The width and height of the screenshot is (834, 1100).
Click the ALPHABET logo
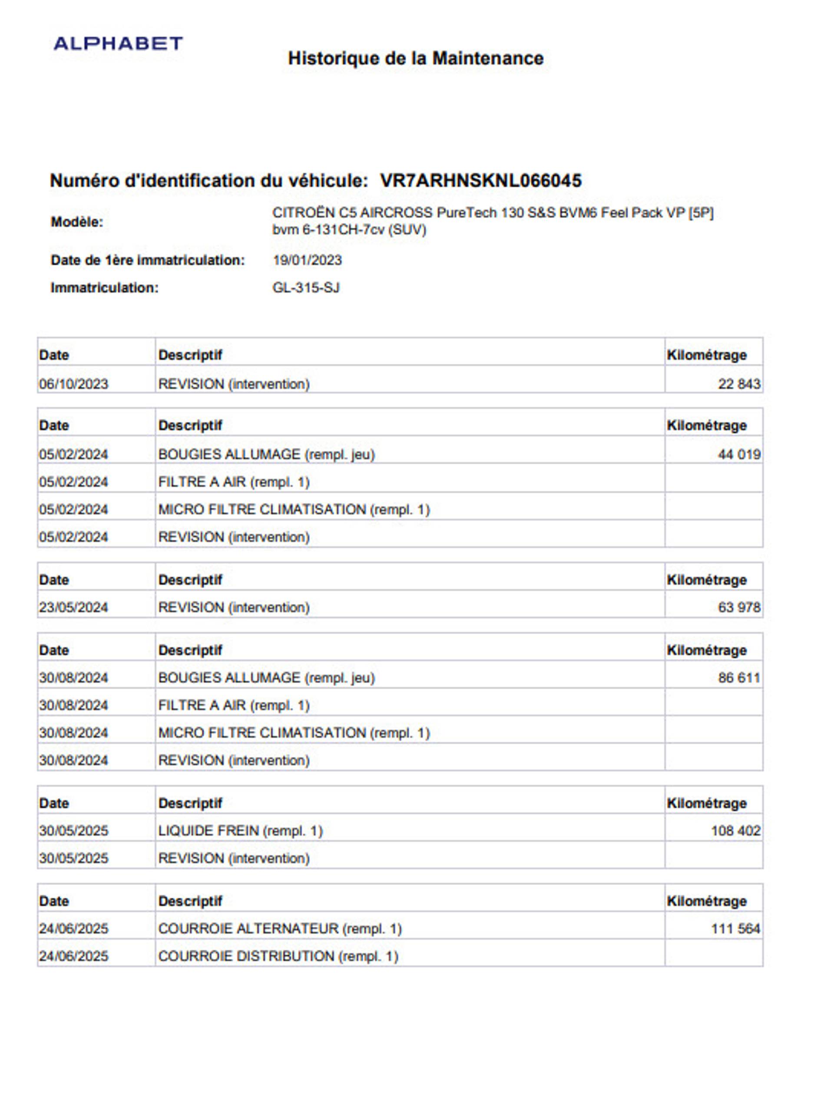pyautogui.click(x=118, y=44)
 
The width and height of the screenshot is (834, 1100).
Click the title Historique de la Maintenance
pyautogui.click(x=416, y=58)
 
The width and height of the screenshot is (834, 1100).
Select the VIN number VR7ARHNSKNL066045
pyautogui.click(x=480, y=181)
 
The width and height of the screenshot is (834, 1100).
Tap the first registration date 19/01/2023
pyautogui.click(x=307, y=260)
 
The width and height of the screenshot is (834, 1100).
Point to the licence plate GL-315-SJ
pyautogui.click(x=306, y=287)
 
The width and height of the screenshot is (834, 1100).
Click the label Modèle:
pyautogui.click(x=77, y=222)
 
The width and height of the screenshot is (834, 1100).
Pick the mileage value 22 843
pyautogui.click(x=738, y=384)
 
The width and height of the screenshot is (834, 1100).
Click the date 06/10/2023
pyautogui.click(x=73, y=384)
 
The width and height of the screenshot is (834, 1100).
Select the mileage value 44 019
pyautogui.click(x=738, y=454)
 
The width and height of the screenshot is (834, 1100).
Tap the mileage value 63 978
pyautogui.click(x=738, y=607)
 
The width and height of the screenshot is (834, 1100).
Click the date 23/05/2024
pyautogui.click(x=73, y=607)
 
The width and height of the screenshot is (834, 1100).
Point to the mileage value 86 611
pyautogui.click(x=738, y=677)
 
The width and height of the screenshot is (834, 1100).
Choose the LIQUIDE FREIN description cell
pyautogui.click(x=240, y=830)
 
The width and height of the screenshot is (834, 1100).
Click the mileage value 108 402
pyautogui.click(x=735, y=830)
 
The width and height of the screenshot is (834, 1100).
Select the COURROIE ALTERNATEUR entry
pyautogui.click(x=279, y=928)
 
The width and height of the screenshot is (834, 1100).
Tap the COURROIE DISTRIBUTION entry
pyautogui.click(x=278, y=956)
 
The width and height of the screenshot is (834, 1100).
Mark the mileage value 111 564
pyautogui.click(x=735, y=928)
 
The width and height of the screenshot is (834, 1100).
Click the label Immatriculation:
pyautogui.click(x=104, y=287)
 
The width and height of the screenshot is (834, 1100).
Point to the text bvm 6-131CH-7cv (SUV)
pyautogui.click(x=349, y=230)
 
